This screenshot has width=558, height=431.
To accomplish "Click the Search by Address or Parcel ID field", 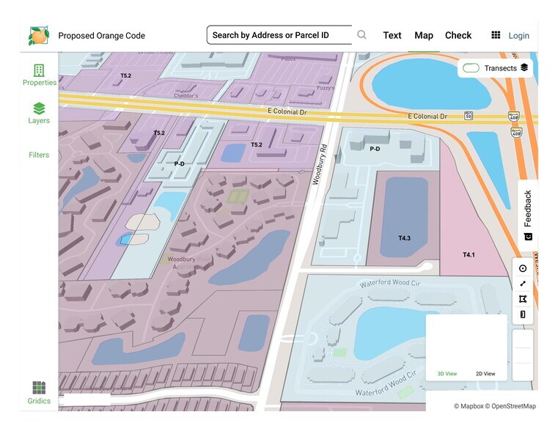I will (279, 35).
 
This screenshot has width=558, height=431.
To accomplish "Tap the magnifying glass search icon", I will (361, 35).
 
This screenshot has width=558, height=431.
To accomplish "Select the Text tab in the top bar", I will (392, 35).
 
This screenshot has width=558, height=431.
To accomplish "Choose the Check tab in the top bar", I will (458, 35).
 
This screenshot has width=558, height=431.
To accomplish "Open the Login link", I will (518, 35).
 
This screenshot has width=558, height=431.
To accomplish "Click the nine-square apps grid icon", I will (496, 35).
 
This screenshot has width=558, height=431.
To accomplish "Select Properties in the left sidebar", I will (39, 75).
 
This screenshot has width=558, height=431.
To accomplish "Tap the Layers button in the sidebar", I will (39, 113).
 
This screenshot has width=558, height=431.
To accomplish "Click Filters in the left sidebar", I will (39, 155).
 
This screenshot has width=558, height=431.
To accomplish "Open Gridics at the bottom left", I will (39, 392).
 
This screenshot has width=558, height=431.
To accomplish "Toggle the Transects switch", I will (471, 68).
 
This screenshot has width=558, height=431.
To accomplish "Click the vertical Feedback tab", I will (528, 215).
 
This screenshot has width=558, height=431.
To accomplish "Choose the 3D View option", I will (447, 374).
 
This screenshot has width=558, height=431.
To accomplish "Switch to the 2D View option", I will (485, 374).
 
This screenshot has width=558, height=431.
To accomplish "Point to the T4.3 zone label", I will (405, 238).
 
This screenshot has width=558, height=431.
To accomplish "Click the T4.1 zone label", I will (469, 255).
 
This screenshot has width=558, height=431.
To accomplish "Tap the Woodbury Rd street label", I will (320, 167).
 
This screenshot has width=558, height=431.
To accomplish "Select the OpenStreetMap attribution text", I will (513, 406).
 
